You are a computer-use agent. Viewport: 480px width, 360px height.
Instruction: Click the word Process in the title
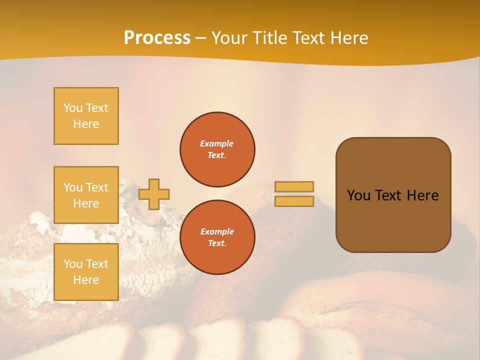click(157, 38)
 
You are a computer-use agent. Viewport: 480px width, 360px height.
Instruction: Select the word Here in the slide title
click(348, 38)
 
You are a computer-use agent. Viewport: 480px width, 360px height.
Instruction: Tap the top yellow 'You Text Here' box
click(86, 116)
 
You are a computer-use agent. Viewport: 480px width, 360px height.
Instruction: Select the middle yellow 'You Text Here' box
click(86, 195)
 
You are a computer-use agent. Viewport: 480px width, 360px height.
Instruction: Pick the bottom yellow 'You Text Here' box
click(86, 272)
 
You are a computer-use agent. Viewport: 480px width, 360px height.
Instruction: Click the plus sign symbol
click(154, 194)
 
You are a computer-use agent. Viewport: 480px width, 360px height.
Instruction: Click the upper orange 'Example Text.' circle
click(217, 149)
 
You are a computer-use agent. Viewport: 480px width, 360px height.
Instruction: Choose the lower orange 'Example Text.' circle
click(217, 237)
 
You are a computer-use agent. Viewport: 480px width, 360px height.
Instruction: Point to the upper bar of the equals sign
click(294, 186)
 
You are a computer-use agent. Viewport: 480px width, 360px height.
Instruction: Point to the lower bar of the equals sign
click(294, 201)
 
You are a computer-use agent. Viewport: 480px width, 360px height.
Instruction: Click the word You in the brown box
click(358, 195)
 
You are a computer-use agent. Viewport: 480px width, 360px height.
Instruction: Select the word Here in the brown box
click(422, 195)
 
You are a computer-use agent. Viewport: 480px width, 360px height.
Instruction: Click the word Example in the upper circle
click(216, 143)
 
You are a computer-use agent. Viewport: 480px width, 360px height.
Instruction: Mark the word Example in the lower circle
click(216, 231)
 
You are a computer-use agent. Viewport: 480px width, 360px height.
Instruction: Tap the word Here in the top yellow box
click(86, 124)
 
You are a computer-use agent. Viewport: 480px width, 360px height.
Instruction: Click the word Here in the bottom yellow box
click(86, 280)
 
